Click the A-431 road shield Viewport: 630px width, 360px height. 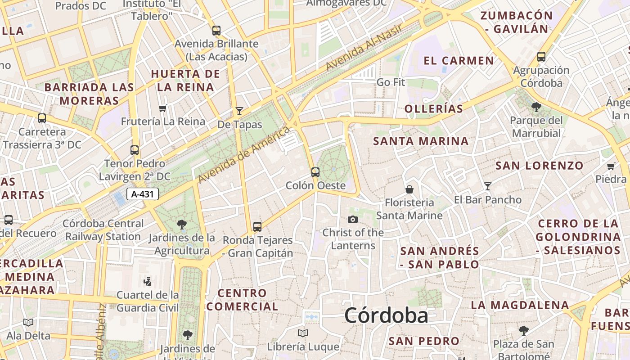143,194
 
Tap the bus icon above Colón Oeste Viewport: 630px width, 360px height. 315,172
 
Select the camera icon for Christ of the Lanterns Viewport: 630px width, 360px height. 353,219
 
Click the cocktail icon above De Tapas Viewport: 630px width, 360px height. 239,111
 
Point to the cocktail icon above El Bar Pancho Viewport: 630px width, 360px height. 487,186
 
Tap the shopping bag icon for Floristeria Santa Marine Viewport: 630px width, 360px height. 409,189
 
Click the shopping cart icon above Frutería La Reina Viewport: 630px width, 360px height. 163,108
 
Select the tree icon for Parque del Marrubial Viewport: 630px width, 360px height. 536,107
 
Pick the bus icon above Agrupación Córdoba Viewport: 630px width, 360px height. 541,57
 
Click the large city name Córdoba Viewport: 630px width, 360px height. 386,315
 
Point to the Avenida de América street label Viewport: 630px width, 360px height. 243,155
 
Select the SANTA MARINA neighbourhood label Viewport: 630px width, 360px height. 421,141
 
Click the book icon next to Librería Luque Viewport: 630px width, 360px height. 303,333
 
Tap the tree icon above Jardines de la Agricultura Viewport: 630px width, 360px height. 182,224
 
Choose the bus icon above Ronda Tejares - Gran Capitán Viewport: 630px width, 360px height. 257,226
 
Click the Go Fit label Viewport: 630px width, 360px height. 391,82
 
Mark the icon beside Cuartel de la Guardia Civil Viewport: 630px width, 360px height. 147,282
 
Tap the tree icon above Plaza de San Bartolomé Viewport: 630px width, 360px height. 523,331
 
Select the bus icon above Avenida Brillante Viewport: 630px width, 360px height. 216,31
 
